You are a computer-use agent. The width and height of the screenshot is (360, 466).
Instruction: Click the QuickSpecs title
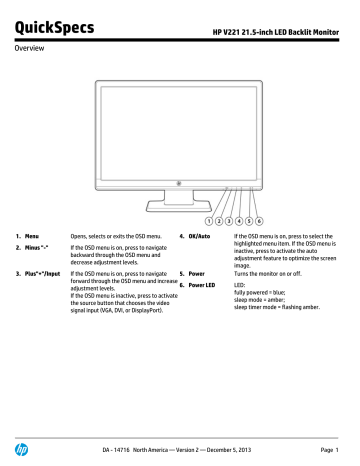point(49,21)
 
